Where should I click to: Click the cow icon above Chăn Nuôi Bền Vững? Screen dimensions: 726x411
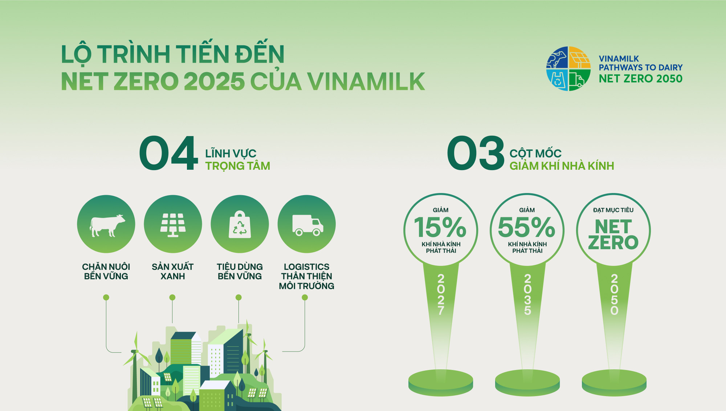tap(107, 226)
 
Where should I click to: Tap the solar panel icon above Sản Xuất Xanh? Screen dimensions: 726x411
tap(173, 225)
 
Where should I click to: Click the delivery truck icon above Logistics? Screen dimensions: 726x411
tap(308, 225)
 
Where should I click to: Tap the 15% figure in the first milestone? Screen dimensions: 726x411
tap(440, 227)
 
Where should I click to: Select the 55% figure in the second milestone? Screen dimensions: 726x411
tap(526, 227)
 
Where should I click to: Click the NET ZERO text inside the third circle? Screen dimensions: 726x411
tap(613, 235)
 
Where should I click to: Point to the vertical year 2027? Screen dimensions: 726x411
tap(441, 295)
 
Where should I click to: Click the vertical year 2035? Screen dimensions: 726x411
tap(527, 295)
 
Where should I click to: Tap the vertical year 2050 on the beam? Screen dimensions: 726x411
tap(614, 295)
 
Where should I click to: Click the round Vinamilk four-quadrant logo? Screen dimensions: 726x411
tap(568, 69)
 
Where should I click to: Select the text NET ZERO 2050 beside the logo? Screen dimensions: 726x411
tap(641, 79)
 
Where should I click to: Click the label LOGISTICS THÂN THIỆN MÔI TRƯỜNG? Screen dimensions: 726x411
tap(306, 276)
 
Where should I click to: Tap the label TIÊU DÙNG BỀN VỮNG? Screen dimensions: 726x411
tap(240, 272)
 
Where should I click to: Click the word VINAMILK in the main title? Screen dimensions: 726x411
tap(366, 81)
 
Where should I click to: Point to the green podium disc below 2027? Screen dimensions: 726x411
tap(441, 382)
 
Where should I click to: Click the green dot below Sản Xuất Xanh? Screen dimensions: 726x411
tap(172, 297)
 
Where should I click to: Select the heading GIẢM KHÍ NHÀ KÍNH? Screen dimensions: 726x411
tap(562, 166)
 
